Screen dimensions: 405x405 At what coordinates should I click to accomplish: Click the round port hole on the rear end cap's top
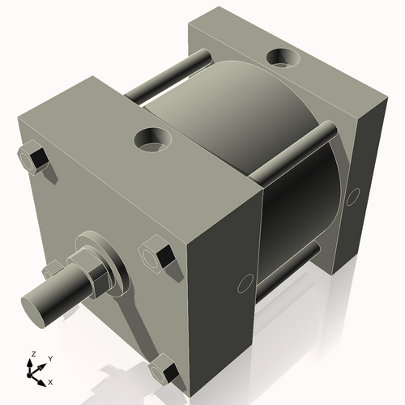tap(283, 58)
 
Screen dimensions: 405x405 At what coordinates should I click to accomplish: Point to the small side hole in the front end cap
tap(241, 284)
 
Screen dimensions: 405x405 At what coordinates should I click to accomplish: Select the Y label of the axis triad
tap(49, 357)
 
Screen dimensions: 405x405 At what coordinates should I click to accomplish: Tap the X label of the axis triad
tap(50, 381)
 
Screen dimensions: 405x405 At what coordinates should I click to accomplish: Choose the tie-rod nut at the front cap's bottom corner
tap(166, 372)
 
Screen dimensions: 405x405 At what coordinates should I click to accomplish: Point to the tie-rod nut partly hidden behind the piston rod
tap(51, 270)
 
